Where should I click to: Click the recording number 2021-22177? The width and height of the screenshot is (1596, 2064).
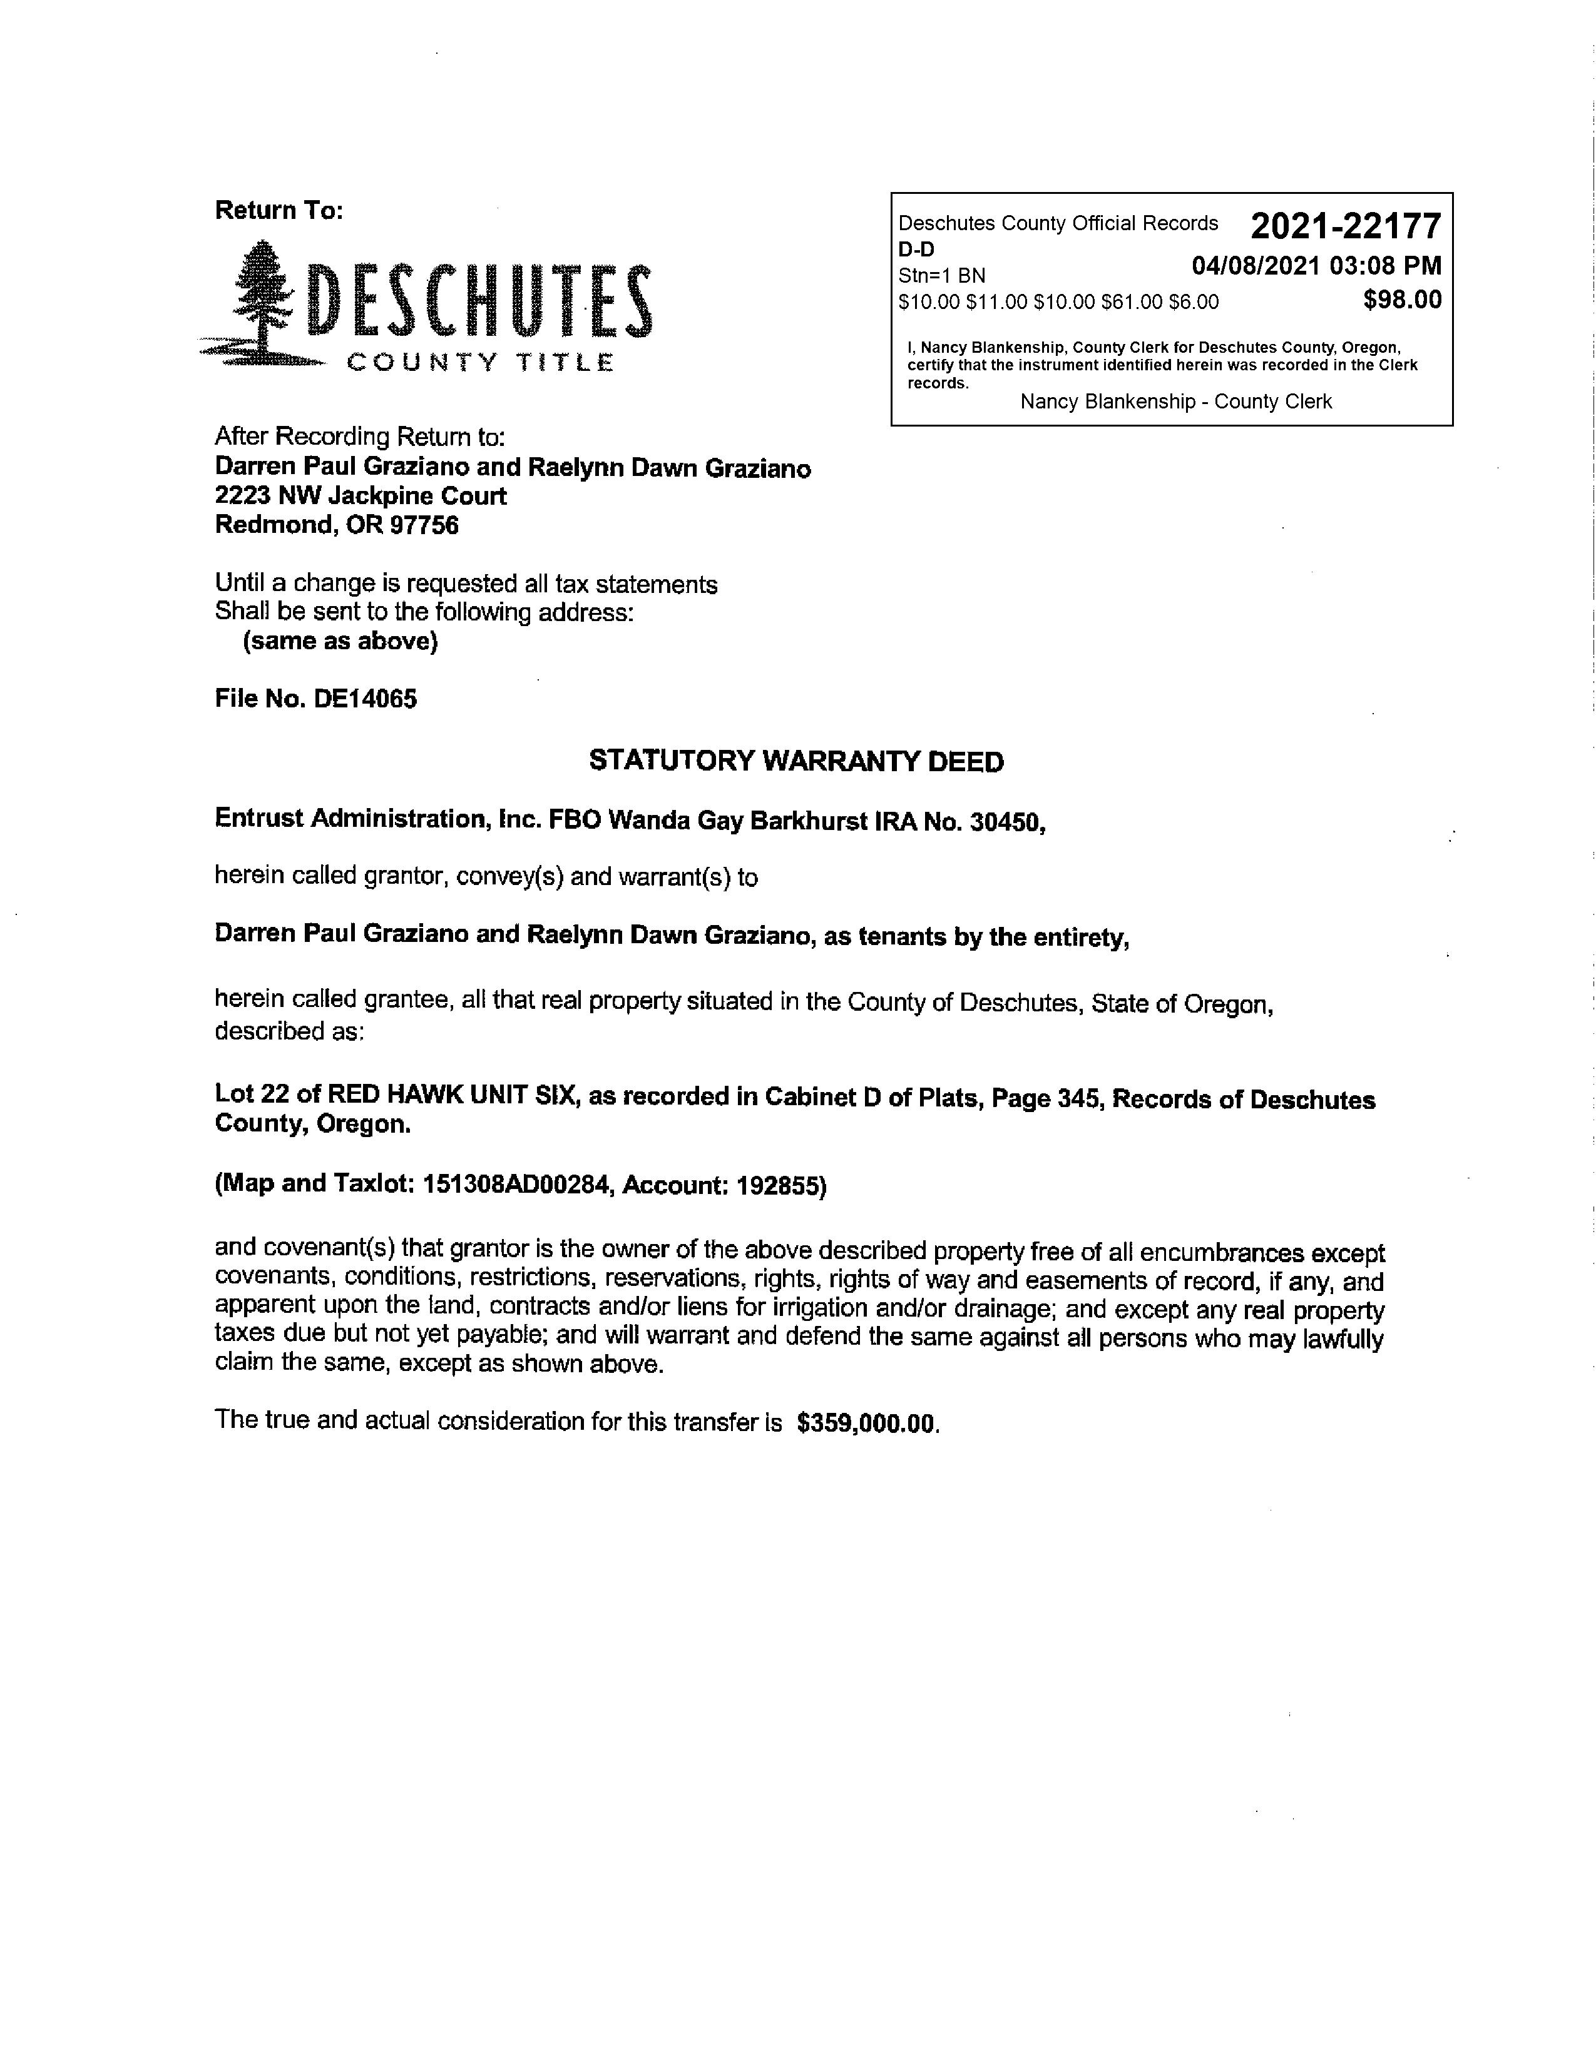tap(1346, 227)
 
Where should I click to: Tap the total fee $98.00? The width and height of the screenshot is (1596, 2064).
tap(1402, 300)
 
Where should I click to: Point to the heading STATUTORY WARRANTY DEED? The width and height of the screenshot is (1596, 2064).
tap(796, 762)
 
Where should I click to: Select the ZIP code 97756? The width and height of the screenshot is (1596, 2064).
tap(424, 525)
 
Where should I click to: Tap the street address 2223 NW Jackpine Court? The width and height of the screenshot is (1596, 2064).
tap(361, 496)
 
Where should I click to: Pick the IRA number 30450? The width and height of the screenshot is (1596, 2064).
tap(1006, 822)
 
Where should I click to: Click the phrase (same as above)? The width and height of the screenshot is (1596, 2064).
tap(340, 642)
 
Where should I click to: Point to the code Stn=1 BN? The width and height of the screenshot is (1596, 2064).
tap(942, 276)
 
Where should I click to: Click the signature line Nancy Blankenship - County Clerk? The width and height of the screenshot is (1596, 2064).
tap(1176, 402)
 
